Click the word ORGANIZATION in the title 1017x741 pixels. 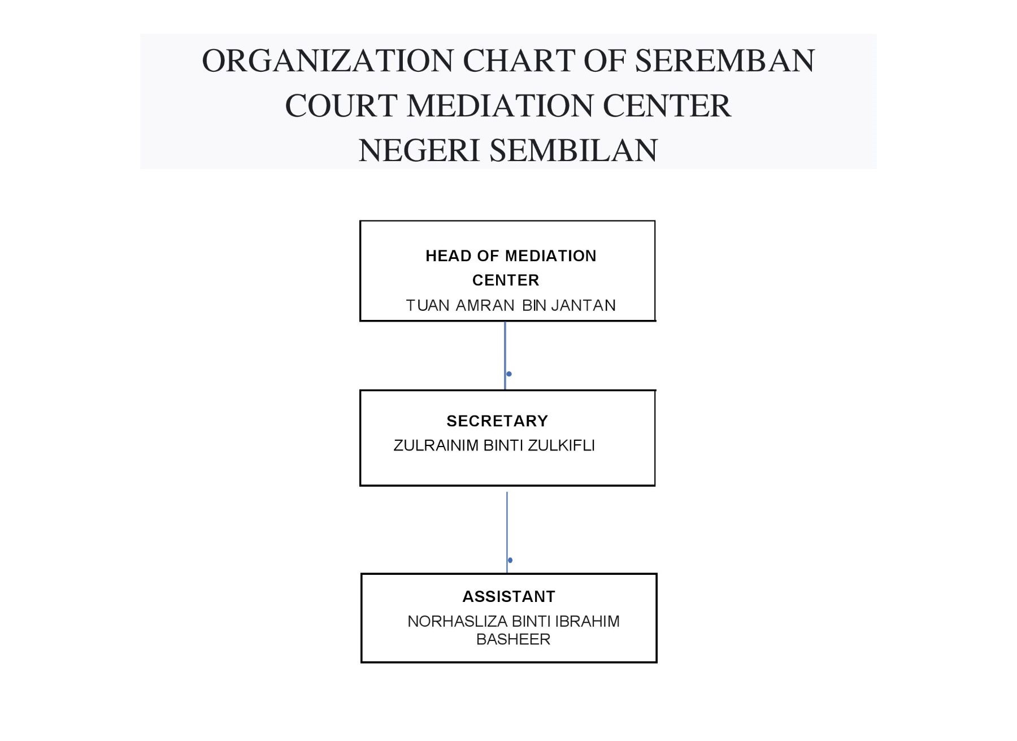tap(328, 60)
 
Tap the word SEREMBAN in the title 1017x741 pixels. tap(725, 60)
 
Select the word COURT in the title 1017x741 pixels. tap(341, 106)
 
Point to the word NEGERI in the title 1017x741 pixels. tap(419, 150)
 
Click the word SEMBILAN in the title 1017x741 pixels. tap(573, 150)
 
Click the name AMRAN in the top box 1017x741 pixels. tap(485, 306)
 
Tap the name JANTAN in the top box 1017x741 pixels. tap(583, 306)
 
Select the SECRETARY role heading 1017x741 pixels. tap(497, 421)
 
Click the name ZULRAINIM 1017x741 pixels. tap(436, 446)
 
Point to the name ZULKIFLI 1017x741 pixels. tap(561, 446)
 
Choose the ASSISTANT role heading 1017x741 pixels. tap(509, 597)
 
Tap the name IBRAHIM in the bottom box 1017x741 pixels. tap(588, 622)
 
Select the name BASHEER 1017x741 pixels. tap(513, 640)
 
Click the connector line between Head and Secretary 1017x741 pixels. tap(505, 356)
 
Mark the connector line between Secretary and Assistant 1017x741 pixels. tap(507, 532)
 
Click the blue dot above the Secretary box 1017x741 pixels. tap(509, 374)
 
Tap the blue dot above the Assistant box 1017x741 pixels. tap(510, 560)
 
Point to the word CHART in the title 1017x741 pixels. tap(519, 60)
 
